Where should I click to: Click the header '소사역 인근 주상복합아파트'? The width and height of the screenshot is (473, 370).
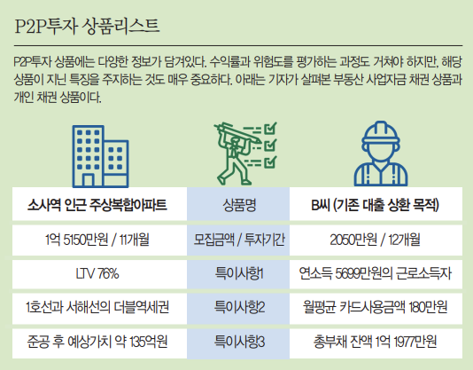coord(98,207)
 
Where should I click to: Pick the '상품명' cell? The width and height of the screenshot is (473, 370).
coord(237,207)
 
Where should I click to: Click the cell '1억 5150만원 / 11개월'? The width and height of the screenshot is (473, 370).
coord(98,240)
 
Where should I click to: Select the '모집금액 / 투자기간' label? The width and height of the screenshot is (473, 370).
coord(237,240)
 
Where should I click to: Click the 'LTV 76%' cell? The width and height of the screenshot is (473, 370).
coord(98,273)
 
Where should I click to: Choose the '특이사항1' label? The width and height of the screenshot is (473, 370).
coord(237,273)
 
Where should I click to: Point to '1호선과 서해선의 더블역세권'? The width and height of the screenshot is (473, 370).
coord(98,307)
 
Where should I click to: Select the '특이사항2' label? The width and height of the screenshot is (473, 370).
coord(237,307)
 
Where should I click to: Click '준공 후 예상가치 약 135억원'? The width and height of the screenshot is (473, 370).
coord(98,341)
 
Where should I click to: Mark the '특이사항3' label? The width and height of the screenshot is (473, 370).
coord(237,341)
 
